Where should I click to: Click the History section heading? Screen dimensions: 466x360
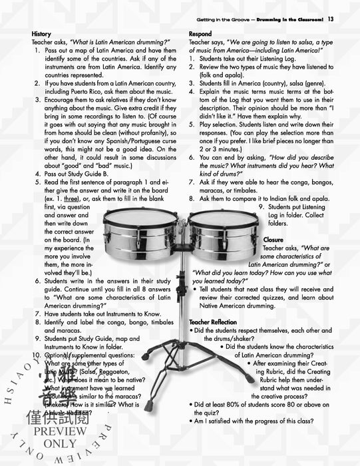pyautogui.click(x=41, y=33)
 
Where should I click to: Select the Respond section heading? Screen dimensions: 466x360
pyautogui.click(x=200, y=33)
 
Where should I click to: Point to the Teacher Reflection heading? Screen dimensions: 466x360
pyautogui.click(x=218, y=322)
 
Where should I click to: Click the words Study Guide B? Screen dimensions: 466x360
pyautogui.click(x=94, y=174)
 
